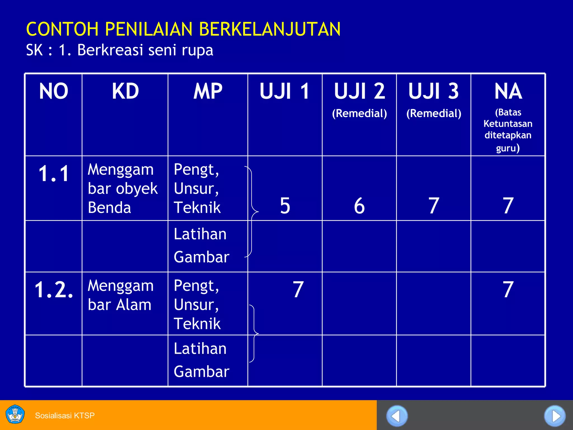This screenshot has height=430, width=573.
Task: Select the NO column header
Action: pyautogui.click(x=53, y=91)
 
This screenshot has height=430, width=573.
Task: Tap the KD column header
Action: pyautogui.click(x=125, y=91)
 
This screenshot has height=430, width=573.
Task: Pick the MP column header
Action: pyautogui.click(x=208, y=91)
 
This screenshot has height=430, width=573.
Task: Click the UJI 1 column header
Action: pyautogui.click(x=285, y=91)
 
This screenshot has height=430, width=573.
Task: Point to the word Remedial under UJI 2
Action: pyautogui.click(x=360, y=113)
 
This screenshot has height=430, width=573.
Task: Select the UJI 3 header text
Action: pyautogui.click(x=433, y=91)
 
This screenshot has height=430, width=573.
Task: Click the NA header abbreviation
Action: pyautogui.click(x=508, y=91)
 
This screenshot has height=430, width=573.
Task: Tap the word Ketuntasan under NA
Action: pyautogui.click(x=508, y=124)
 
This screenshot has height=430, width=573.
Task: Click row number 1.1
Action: pyautogui.click(x=53, y=174)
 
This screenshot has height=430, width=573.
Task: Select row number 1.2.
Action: pyautogui.click(x=53, y=289)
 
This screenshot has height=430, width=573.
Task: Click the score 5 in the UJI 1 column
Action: pyautogui.click(x=285, y=206)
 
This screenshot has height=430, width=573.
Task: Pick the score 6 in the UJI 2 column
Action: pyautogui.click(x=359, y=206)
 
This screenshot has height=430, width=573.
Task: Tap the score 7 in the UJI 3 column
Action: pyautogui.click(x=434, y=206)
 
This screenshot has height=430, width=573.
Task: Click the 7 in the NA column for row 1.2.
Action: pyautogui.click(x=508, y=289)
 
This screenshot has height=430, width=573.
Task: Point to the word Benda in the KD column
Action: pyautogui.click(x=109, y=208)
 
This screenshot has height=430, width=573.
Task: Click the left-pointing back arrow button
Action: pyautogui.click(x=397, y=416)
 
